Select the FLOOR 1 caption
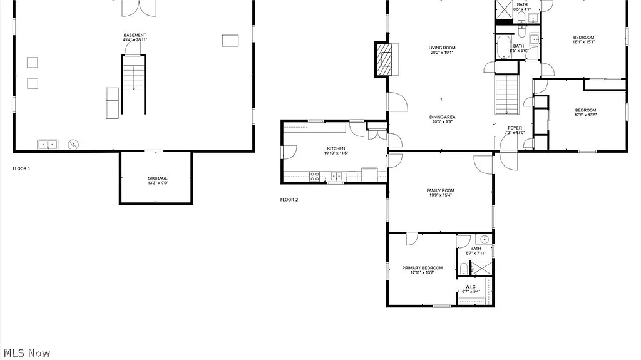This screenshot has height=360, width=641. [21, 168]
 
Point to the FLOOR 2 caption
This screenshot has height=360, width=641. [289, 200]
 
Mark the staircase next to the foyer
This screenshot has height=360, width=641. [508, 94]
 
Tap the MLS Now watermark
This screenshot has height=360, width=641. [26, 353]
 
